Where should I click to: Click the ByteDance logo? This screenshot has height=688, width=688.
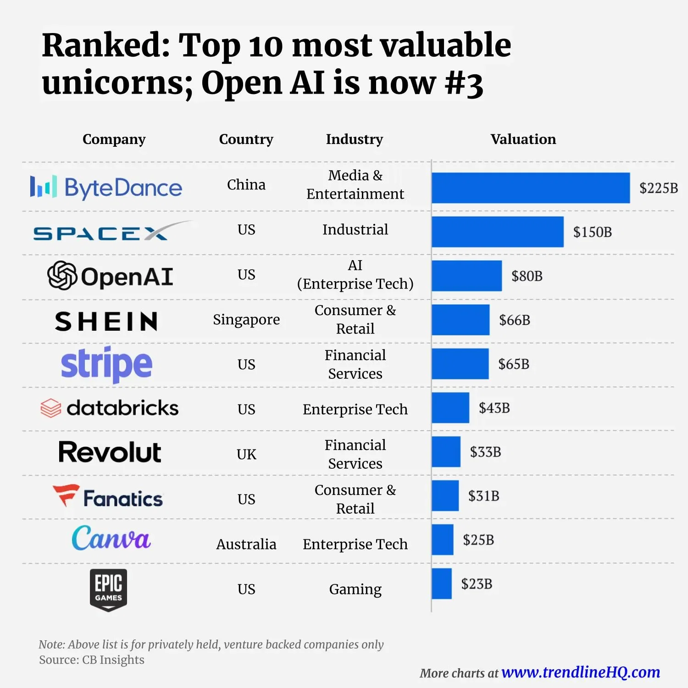click(106, 188)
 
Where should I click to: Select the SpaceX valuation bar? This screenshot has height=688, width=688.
click(498, 232)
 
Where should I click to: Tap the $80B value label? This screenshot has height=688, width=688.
click(527, 276)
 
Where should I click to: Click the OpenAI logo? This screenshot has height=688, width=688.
click(111, 276)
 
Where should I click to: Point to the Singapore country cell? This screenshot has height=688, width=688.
click(246, 320)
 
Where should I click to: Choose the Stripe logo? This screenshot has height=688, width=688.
click(106, 365)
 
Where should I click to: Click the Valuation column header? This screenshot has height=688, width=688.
click(523, 139)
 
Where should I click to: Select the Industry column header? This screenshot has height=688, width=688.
click(355, 139)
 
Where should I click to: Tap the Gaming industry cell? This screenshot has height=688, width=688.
click(355, 589)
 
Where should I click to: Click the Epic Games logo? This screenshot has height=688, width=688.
click(108, 590)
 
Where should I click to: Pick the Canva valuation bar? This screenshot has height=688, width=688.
click(443, 540)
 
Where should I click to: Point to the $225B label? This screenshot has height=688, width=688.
click(658, 188)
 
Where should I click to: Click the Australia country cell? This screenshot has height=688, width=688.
click(246, 544)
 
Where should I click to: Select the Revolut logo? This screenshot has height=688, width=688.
click(110, 452)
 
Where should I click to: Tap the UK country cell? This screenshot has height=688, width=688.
click(246, 455)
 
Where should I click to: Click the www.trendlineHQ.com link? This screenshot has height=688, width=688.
click(581, 672)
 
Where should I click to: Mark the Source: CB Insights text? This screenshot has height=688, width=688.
click(92, 660)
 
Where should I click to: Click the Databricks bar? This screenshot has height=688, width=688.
click(450, 408)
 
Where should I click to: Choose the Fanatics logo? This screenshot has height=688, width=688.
click(108, 497)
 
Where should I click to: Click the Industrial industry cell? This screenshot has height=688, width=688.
click(355, 229)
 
